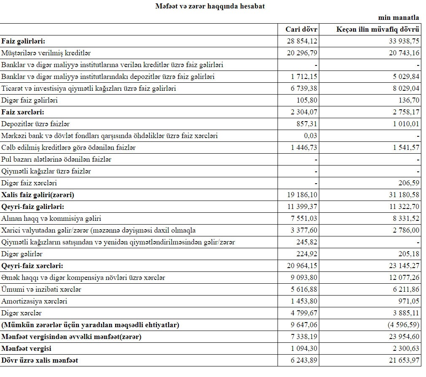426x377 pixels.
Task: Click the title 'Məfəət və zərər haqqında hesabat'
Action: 210,6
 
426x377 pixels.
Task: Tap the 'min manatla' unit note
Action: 399,18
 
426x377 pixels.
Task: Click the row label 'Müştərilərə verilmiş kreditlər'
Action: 46,53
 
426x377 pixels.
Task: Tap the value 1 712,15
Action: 304,77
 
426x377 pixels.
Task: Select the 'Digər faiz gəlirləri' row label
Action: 30,100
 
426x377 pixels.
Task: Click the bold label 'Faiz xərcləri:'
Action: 23,112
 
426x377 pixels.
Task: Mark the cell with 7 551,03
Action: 304,219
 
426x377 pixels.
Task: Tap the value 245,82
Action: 307,242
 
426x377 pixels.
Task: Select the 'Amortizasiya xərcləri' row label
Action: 34,301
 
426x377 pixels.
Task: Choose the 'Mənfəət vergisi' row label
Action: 27,349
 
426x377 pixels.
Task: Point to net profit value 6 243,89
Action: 304,361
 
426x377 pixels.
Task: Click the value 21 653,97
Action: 402,361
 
